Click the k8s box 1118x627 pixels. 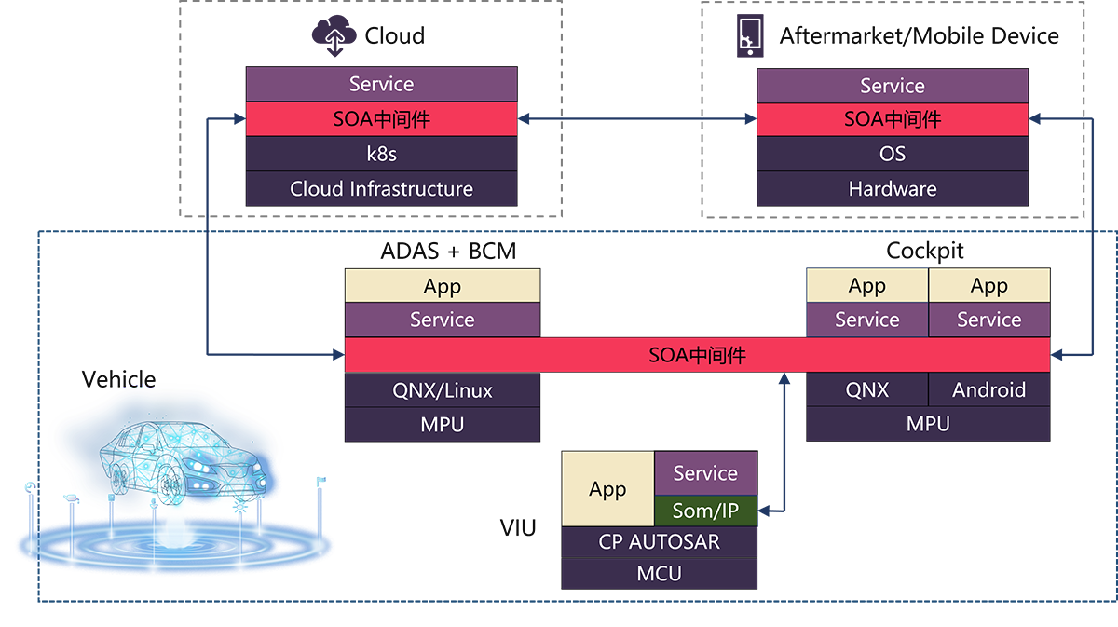click(381, 154)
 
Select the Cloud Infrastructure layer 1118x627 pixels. click(381, 188)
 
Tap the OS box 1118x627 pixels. click(892, 154)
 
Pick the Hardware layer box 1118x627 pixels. click(892, 188)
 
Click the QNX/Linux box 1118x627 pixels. click(443, 389)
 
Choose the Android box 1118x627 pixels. click(988, 389)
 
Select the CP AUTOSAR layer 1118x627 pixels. click(659, 541)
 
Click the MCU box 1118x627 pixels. click(659, 573)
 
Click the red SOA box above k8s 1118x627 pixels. click(381, 119)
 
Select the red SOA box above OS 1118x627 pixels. click(892, 119)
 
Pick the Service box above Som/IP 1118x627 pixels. click(705, 473)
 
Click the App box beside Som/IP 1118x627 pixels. click(607, 489)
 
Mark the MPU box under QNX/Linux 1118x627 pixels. click(443, 424)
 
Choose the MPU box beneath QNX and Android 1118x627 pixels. click(928, 424)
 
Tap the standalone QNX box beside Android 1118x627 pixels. click(867, 389)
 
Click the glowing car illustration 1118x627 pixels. click(177, 466)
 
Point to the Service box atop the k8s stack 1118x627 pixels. click(381, 85)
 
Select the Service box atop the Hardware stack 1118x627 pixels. click(892, 86)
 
